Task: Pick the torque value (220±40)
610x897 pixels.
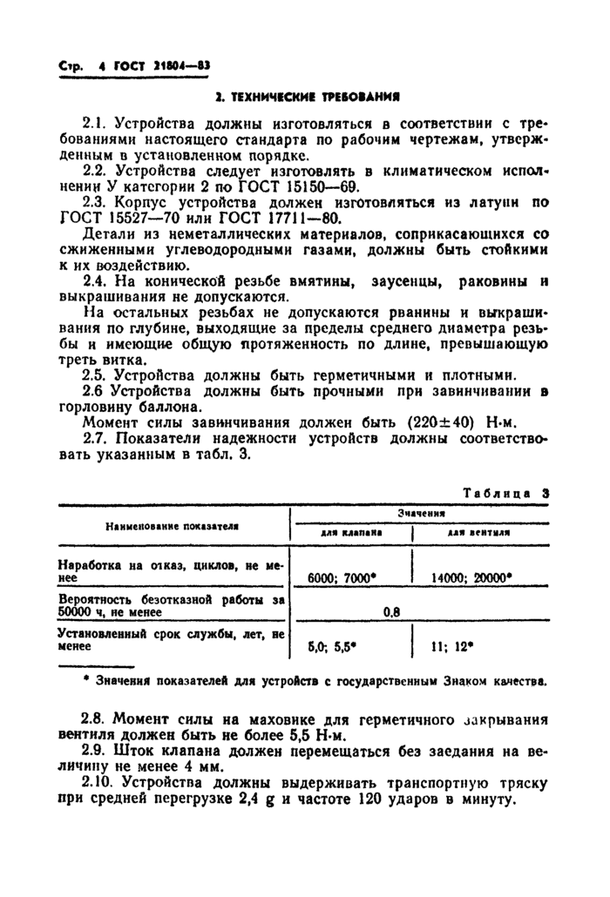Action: coord(444,422)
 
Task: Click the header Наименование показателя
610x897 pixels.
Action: coord(173,526)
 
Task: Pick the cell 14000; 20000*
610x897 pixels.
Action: coord(471,577)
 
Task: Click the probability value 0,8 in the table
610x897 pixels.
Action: coord(391,611)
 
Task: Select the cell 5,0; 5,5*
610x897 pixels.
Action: coord(335,647)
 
